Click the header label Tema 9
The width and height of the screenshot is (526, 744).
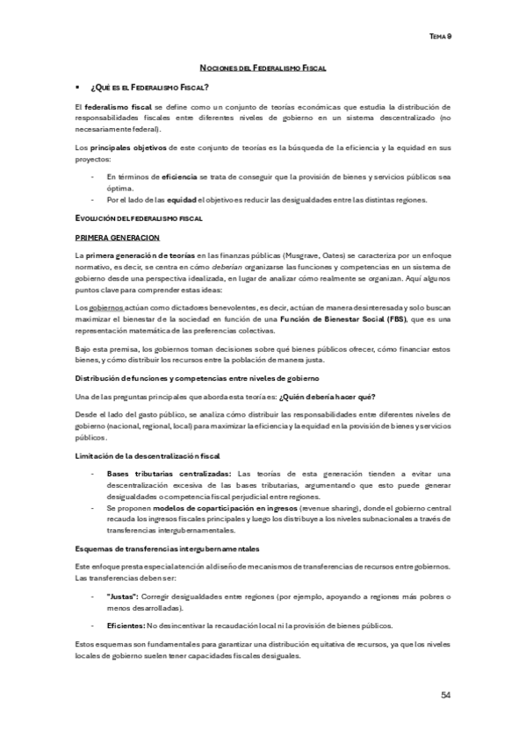439,37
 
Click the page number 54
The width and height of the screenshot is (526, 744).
446,695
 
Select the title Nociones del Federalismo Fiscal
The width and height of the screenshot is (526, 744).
263,67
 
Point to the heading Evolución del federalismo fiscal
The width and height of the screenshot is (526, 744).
127,218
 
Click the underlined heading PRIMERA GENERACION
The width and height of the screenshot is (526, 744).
118,237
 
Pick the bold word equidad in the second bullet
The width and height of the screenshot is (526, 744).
182,199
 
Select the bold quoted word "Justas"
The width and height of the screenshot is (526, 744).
121,597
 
